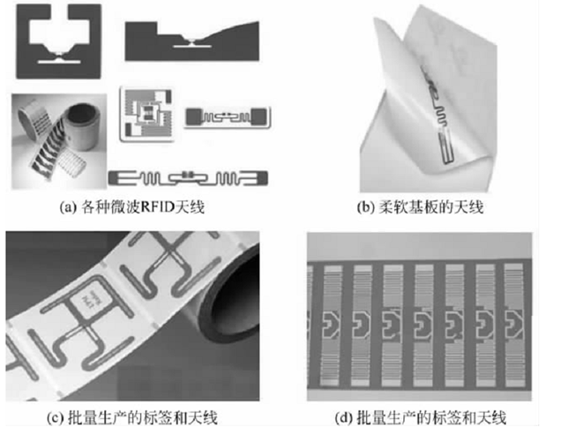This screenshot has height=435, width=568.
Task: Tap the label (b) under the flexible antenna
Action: pos(365,207)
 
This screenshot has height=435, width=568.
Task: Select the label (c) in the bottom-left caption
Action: pos(55,417)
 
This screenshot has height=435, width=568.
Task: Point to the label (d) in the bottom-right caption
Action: pos(343,417)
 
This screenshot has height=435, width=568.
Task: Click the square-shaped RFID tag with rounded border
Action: pos(146,114)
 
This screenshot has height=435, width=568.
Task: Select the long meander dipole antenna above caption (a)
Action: pos(188,178)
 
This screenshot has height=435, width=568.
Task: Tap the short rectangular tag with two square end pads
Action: pos(228,117)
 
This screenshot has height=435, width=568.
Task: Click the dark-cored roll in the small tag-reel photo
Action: pos(84,125)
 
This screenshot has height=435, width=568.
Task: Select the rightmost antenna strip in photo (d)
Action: pos(514,324)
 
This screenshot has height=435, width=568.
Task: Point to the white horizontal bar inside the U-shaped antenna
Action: pos(59,62)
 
